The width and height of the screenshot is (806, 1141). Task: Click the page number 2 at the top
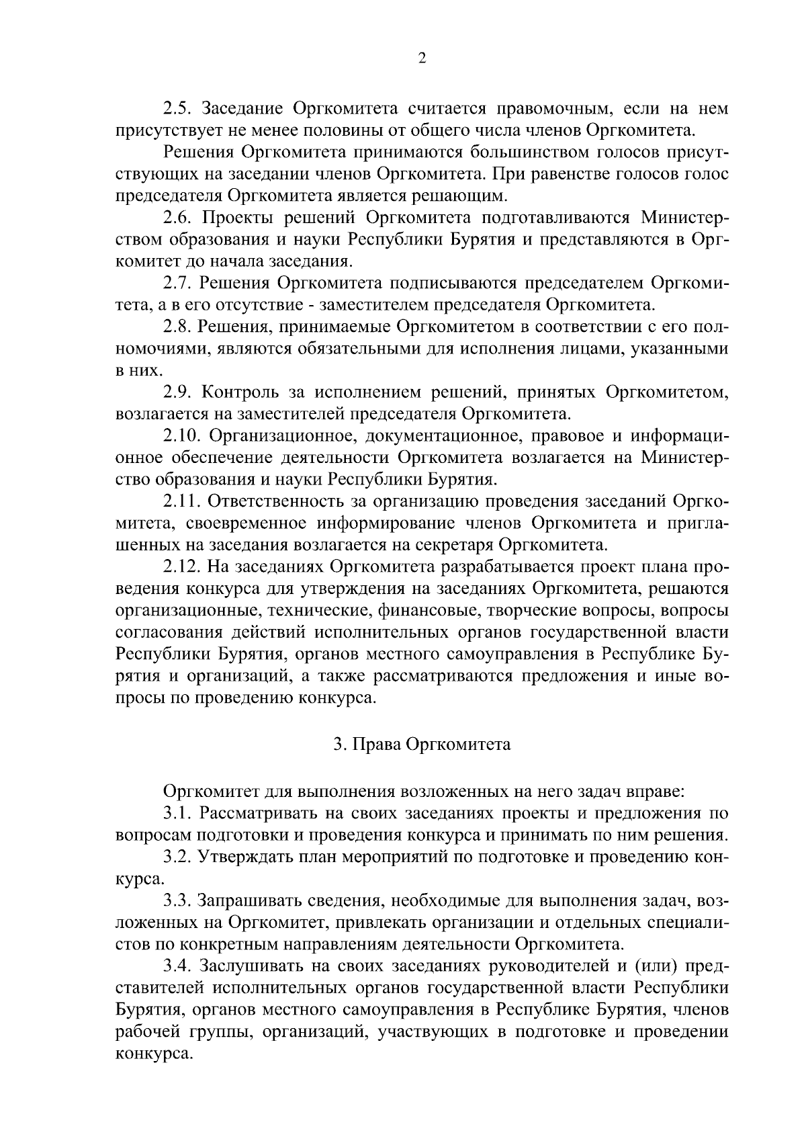coord(422,58)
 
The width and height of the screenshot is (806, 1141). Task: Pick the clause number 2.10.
coord(182,435)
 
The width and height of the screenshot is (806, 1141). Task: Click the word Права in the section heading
coord(377,745)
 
